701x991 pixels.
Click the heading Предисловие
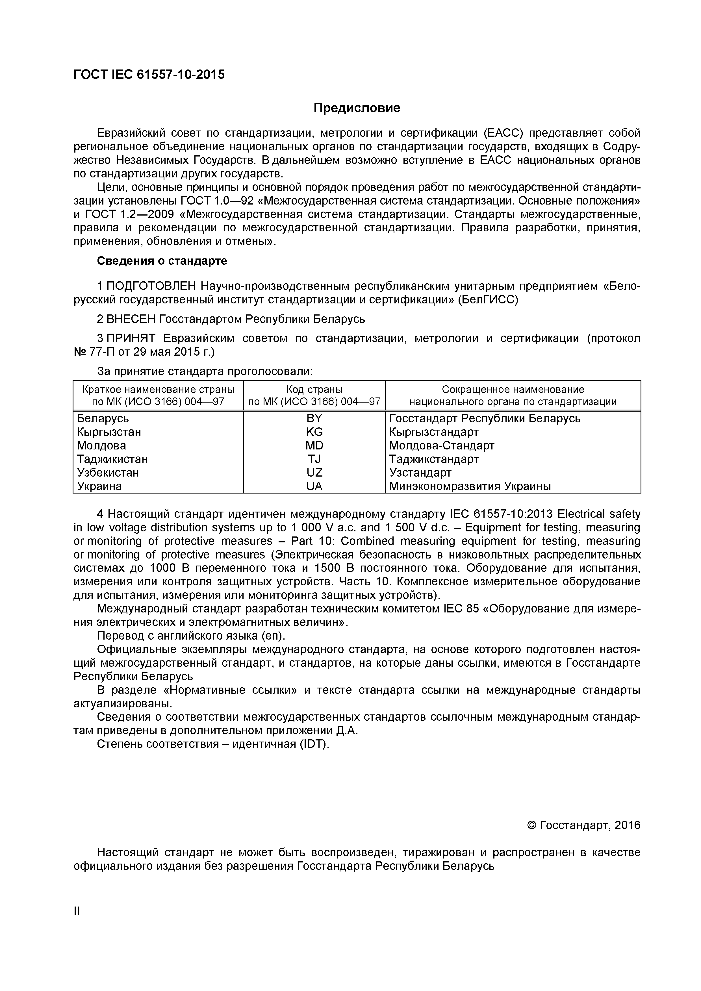357,108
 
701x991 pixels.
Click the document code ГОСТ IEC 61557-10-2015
149,75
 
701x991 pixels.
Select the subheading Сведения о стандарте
162,261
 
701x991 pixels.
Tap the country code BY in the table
314,418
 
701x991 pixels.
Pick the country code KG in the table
314,432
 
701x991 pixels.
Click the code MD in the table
314,445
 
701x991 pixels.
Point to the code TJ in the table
314,459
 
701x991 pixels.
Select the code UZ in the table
314,473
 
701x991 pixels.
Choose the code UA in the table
314,486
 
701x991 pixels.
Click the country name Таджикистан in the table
112,459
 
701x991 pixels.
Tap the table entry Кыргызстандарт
433,432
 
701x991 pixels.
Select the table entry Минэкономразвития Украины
470,486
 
